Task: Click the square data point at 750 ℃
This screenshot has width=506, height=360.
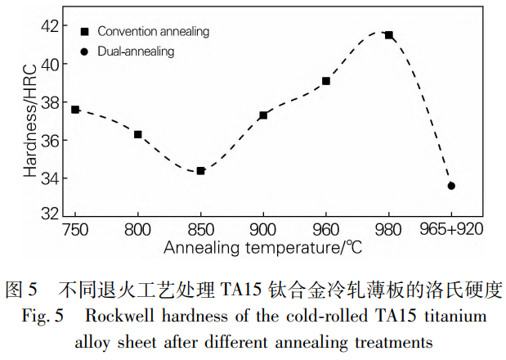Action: coord(75,109)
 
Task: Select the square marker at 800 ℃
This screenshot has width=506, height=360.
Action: coord(138,134)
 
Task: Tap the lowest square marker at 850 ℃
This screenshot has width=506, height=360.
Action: coord(200,170)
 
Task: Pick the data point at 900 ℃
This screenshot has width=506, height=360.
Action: coord(263,115)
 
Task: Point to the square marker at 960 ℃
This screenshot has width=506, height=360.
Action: coord(326,81)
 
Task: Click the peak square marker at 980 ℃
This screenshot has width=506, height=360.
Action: coord(389,35)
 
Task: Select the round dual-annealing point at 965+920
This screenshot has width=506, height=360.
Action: coord(451,186)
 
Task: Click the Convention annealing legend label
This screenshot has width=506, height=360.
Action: coord(153,32)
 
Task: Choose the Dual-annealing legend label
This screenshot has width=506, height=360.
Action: coord(135,51)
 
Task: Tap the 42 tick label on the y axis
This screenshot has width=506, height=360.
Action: coord(50,25)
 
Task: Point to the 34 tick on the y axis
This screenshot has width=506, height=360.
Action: coord(50,178)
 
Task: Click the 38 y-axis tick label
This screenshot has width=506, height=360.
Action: coord(50,102)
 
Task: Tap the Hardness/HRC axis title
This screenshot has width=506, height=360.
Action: coord(30,122)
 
